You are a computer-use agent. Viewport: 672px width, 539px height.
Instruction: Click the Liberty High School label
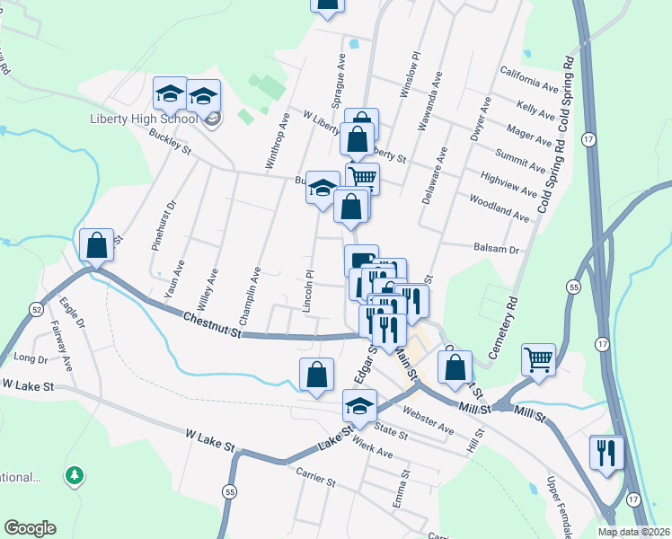coord(144,119)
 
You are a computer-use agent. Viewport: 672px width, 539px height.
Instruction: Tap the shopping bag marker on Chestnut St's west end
coord(96,245)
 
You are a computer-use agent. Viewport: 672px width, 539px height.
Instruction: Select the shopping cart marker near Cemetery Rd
coord(538,359)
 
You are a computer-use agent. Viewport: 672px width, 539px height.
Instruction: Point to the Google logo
coord(30,528)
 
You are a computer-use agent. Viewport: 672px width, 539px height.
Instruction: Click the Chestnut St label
coord(212,325)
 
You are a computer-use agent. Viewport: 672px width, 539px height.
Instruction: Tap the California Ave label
coord(531,79)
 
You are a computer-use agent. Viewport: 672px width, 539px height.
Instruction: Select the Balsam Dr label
coord(496,250)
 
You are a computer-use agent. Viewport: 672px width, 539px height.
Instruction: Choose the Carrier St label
coord(311,482)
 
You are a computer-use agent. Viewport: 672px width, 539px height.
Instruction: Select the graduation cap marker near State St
coord(358,406)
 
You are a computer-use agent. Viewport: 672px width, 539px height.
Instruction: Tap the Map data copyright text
coord(634,532)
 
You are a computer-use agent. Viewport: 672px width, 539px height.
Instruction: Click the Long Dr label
coord(31,359)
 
